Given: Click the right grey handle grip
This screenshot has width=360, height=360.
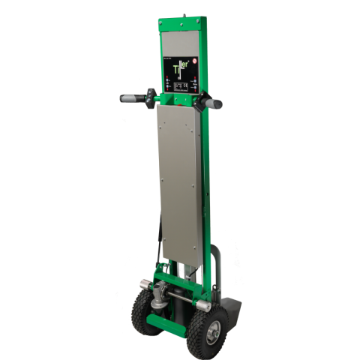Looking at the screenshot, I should pos(213,101).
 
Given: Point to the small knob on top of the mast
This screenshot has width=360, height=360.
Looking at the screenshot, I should pos(185,13).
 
